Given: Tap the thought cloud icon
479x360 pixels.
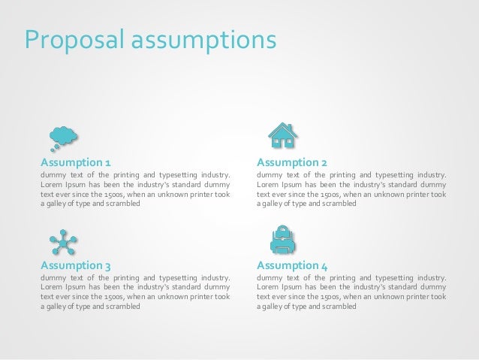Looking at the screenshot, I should pos(65,136).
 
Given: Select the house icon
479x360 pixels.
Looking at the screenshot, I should pos(283,135).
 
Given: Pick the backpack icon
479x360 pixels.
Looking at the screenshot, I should pos(282,239).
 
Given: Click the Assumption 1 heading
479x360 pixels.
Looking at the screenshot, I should pos(76,162).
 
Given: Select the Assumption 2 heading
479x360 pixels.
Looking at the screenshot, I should pos(291,162).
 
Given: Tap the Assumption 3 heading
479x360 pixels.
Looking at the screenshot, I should pos(76,265).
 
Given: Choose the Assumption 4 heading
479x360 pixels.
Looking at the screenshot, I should pos(291,265).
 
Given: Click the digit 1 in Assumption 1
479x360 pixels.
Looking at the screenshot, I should pos(108,162).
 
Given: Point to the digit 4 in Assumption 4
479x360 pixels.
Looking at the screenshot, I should pos(324,265).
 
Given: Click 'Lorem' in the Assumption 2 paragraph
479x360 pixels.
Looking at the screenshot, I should pos(267,185).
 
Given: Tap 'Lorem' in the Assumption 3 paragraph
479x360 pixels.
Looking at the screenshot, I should pos(50,288).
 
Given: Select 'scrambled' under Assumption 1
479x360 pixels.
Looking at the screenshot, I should pos(123,203).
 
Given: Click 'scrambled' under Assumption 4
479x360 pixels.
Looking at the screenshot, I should pos(339,306).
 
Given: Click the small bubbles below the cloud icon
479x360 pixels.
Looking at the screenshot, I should pos(55,147).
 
